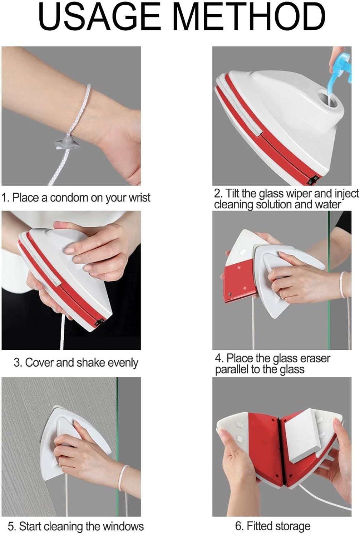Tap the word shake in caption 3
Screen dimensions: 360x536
tap(91, 363)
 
